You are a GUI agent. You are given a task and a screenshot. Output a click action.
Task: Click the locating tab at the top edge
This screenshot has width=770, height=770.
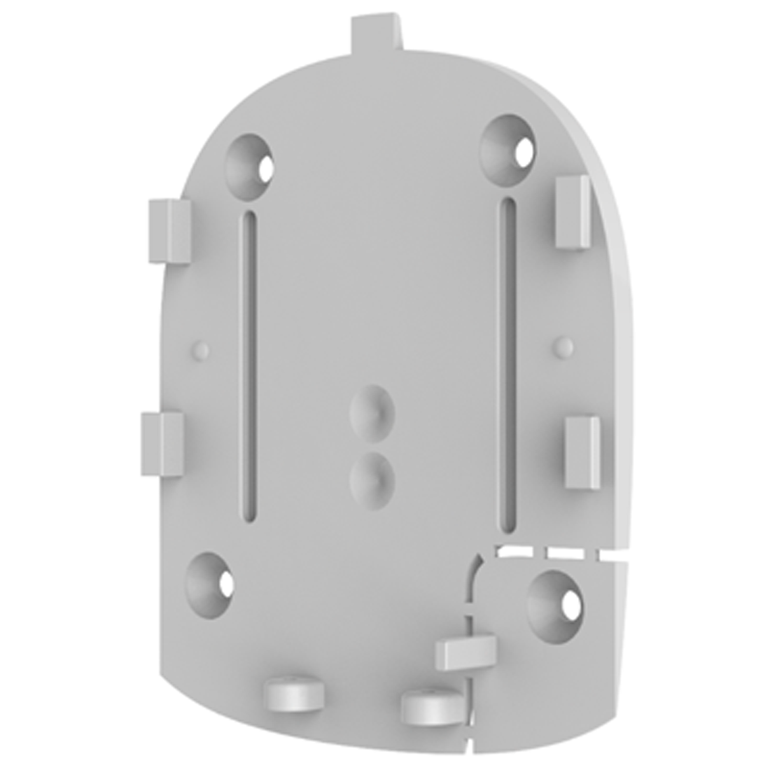point(377,32)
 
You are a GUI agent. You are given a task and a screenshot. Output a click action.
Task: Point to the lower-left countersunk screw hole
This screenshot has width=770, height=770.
point(210,578)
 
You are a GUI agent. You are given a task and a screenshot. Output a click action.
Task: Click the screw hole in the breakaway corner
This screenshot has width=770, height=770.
point(554,596)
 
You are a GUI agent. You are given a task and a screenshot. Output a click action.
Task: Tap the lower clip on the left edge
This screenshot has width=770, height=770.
point(162,444)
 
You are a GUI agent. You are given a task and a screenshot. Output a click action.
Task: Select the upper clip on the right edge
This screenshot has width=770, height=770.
point(573,212)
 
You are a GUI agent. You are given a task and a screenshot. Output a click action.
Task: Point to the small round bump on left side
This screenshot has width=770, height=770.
point(201,348)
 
